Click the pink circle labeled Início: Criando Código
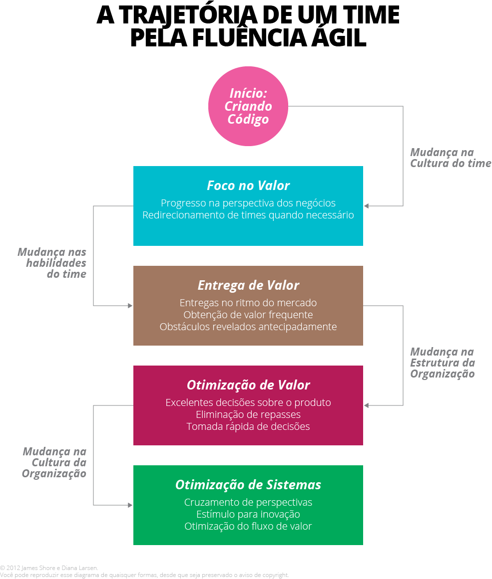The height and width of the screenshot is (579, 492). pos(248,106)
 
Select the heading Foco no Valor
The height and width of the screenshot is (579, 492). pos(248,186)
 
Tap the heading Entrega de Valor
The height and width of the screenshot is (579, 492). pos(248,285)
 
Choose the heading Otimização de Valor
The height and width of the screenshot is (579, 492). pos(248,385)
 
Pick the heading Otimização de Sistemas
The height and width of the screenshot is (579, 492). pos(248,484)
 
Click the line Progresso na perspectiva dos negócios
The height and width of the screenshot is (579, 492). pos(248,203)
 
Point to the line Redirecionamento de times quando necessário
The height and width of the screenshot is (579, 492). pos(248,215)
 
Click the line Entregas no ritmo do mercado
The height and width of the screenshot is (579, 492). pos(248,303)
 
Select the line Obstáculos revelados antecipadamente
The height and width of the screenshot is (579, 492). pos(248,327)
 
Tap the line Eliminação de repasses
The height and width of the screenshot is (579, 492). pos(248,414)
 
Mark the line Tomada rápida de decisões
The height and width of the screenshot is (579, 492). pos(248,426)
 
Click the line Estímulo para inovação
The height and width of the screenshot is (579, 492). pos(248,514)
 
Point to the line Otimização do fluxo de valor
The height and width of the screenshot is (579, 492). pos(248,526)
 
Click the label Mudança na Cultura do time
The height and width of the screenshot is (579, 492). pos(451,158)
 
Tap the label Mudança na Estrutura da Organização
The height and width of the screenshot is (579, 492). pos(443,363)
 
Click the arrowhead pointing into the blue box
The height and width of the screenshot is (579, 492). pos(366,206)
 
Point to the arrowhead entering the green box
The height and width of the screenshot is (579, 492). pos(130,505)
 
